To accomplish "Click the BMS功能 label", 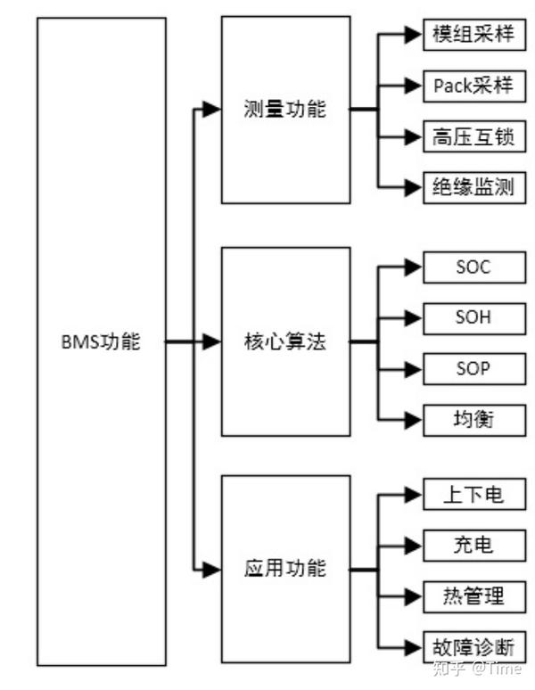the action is coord(101,342).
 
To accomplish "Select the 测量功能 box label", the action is coord(285,109).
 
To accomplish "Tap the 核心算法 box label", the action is coord(285,341).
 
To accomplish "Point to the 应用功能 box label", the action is coord(285,568).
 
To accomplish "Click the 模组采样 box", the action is coord(474,35).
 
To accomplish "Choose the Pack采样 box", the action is coord(474,86).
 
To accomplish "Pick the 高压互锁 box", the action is coord(474,136).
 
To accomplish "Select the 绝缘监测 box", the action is coord(474,187).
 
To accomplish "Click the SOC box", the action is coord(474,267).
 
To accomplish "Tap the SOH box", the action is coord(474,318).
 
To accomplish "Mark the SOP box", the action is coord(474,369).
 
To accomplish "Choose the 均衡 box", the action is coord(474,420).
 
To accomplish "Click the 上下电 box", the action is coord(474,494).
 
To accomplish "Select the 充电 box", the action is coord(474,546).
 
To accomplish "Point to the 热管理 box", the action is coord(474,596).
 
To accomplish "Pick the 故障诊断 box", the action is coord(474,647).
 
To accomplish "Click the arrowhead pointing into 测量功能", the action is coord(211,109).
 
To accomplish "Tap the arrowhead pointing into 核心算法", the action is coord(211,341).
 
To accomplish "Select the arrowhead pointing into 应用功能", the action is coord(211,570).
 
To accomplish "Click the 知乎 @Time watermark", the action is coord(477,669).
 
